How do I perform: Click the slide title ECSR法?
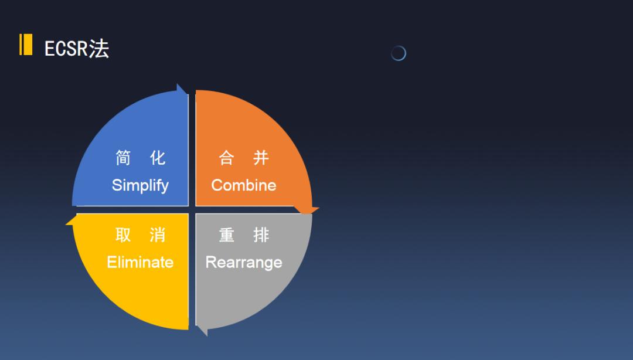pyautogui.click(x=77, y=49)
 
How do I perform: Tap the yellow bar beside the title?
pyautogui.click(x=26, y=45)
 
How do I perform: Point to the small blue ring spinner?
pyautogui.click(x=399, y=53)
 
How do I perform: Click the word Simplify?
pyautogui.click(x=140, y=185)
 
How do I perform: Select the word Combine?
pyautogui.click(x=244, y=185)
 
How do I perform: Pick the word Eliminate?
pyautogui.click(x=140, y=262)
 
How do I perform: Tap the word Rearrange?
pyautogui.click(x=244, y=263)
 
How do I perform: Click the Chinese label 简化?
pyautogui.click(x=140, y=158)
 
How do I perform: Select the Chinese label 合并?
pyautogui.click(x=244, y=158)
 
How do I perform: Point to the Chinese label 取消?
pyautogui.click(x=140, y=235)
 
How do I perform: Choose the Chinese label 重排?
pyautogui.click(x=244, y=235)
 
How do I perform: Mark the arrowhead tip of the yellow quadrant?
pyautogui.click(x=66, y=223)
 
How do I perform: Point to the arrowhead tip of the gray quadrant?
pyautogui.click(x=207, y=336)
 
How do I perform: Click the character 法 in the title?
pyautogui.click(x=99, y=49)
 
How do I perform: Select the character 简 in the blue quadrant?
pyautogui.click(x=123, y=158)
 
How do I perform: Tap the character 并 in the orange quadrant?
pyautogui.click(x=261, y=158)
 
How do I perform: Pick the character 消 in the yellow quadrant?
pyautogui.click(x=158, y=235)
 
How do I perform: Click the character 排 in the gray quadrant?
pyautogui.click(x=261, y=235)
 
